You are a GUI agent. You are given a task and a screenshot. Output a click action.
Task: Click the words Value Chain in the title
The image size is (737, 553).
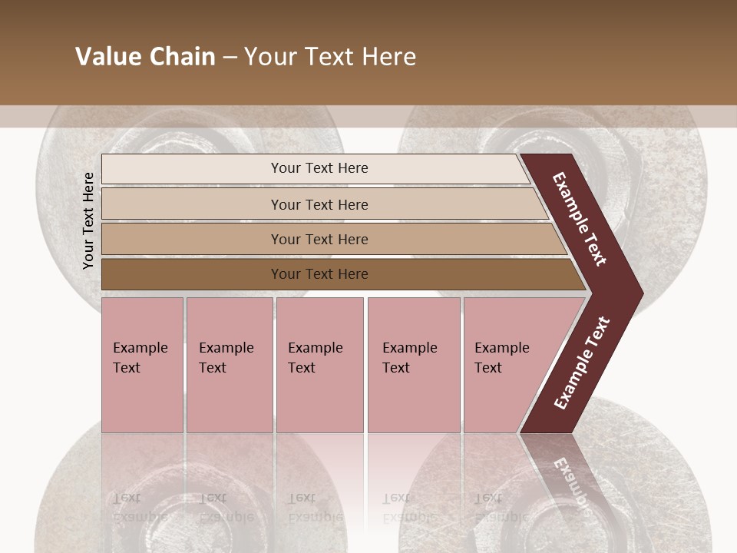coord(145,57)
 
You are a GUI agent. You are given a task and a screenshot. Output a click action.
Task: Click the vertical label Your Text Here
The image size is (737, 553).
coord(88,220)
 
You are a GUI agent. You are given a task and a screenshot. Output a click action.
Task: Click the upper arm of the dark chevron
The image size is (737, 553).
coord(580,219)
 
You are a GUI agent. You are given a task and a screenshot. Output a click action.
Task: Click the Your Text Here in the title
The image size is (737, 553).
coord(330,57)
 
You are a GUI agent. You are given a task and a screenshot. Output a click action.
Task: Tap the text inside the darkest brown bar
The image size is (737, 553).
coord(319,274)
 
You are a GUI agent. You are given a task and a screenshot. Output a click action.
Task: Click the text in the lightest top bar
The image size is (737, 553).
coord(319,168)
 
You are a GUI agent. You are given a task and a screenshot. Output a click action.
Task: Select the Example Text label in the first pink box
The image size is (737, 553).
coord(140,358)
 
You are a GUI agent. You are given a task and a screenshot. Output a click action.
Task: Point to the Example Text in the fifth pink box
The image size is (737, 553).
coord(501,358)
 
